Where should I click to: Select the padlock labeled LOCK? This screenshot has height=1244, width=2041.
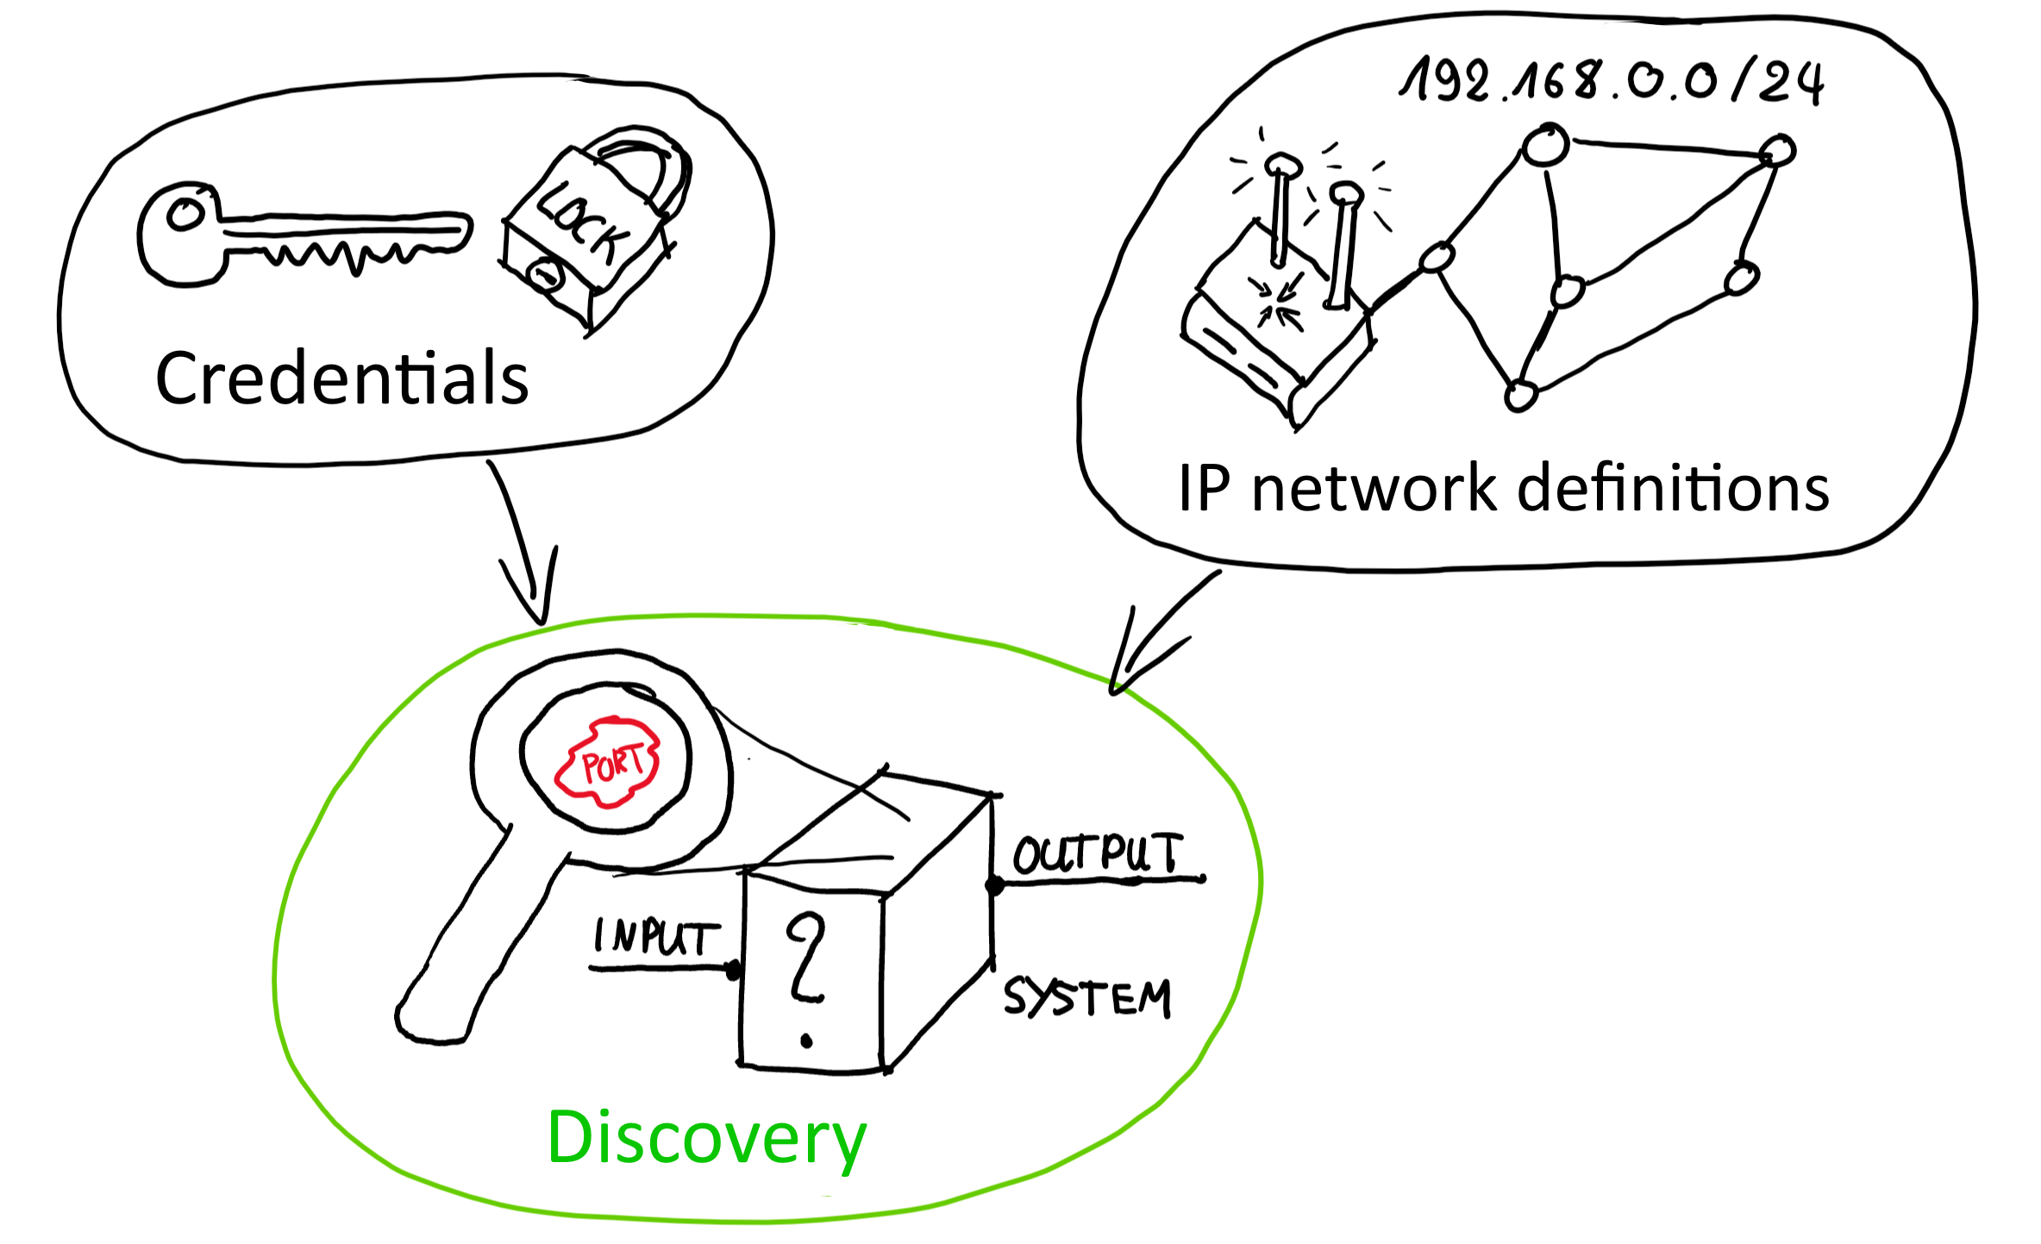(x=595, y=233)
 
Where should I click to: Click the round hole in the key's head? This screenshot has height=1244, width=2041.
(x=185, y=213)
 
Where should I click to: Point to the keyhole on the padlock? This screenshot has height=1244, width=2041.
(x=545, y=276)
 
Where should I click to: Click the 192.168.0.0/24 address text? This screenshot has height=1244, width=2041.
(x=1611, y=82)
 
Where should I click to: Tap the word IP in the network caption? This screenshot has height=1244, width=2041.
(x=1204, y=488)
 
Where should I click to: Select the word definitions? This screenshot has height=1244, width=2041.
(x=1673, y=488)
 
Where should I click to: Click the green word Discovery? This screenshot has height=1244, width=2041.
(x=707, y=1138)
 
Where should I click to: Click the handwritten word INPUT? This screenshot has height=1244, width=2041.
(x=655, y=937)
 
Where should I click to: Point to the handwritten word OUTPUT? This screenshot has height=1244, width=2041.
(x=1097, y=855)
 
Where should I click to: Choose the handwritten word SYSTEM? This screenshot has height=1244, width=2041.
(x=1086, y=998)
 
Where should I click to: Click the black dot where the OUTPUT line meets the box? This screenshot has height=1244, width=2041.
(x=994, y=885)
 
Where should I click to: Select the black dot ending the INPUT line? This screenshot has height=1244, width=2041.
(x=734, y=971)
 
